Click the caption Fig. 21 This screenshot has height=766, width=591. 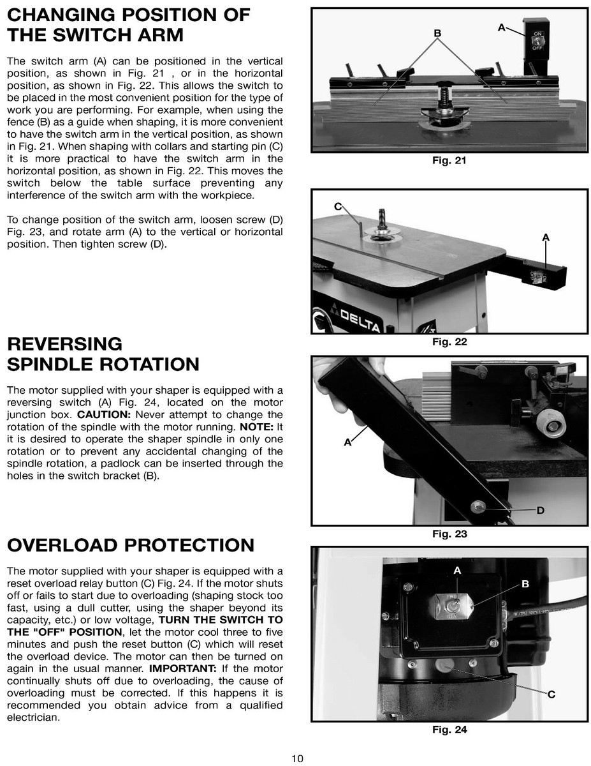pos(449,160)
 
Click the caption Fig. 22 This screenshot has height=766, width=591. pos(449,342)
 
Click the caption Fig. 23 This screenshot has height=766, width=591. pos(449,534)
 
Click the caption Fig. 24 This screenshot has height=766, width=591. pos(449,729)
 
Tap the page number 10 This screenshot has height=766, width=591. pos(297,758)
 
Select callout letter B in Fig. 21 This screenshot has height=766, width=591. pos(437,33)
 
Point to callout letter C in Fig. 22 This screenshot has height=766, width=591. pos(338,206)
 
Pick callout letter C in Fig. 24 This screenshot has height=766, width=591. pos(551,695)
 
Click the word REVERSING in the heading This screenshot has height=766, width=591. pos(64,344)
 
